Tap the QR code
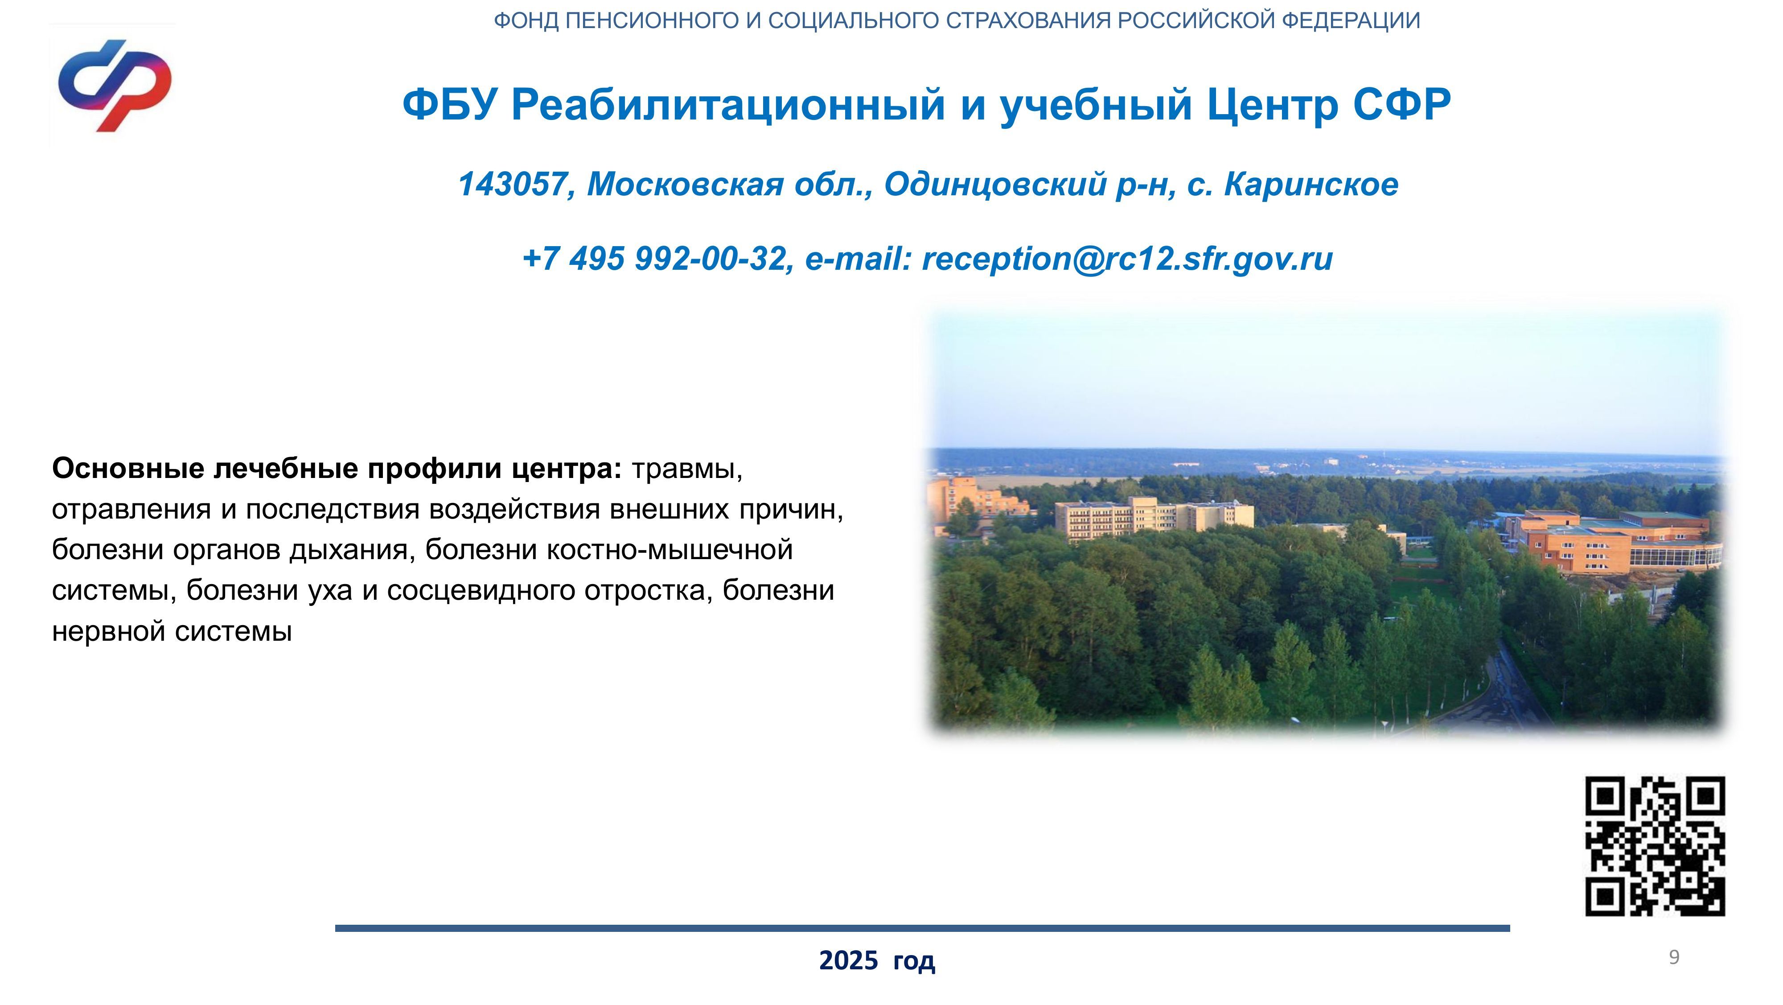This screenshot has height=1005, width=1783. click(1655, 846)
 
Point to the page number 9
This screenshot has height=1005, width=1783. click(1674, 957)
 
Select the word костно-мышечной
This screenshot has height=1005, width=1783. click(670, 550)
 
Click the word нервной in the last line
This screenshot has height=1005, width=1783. click(109, 632)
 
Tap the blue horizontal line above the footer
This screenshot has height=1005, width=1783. click(923, 928)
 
